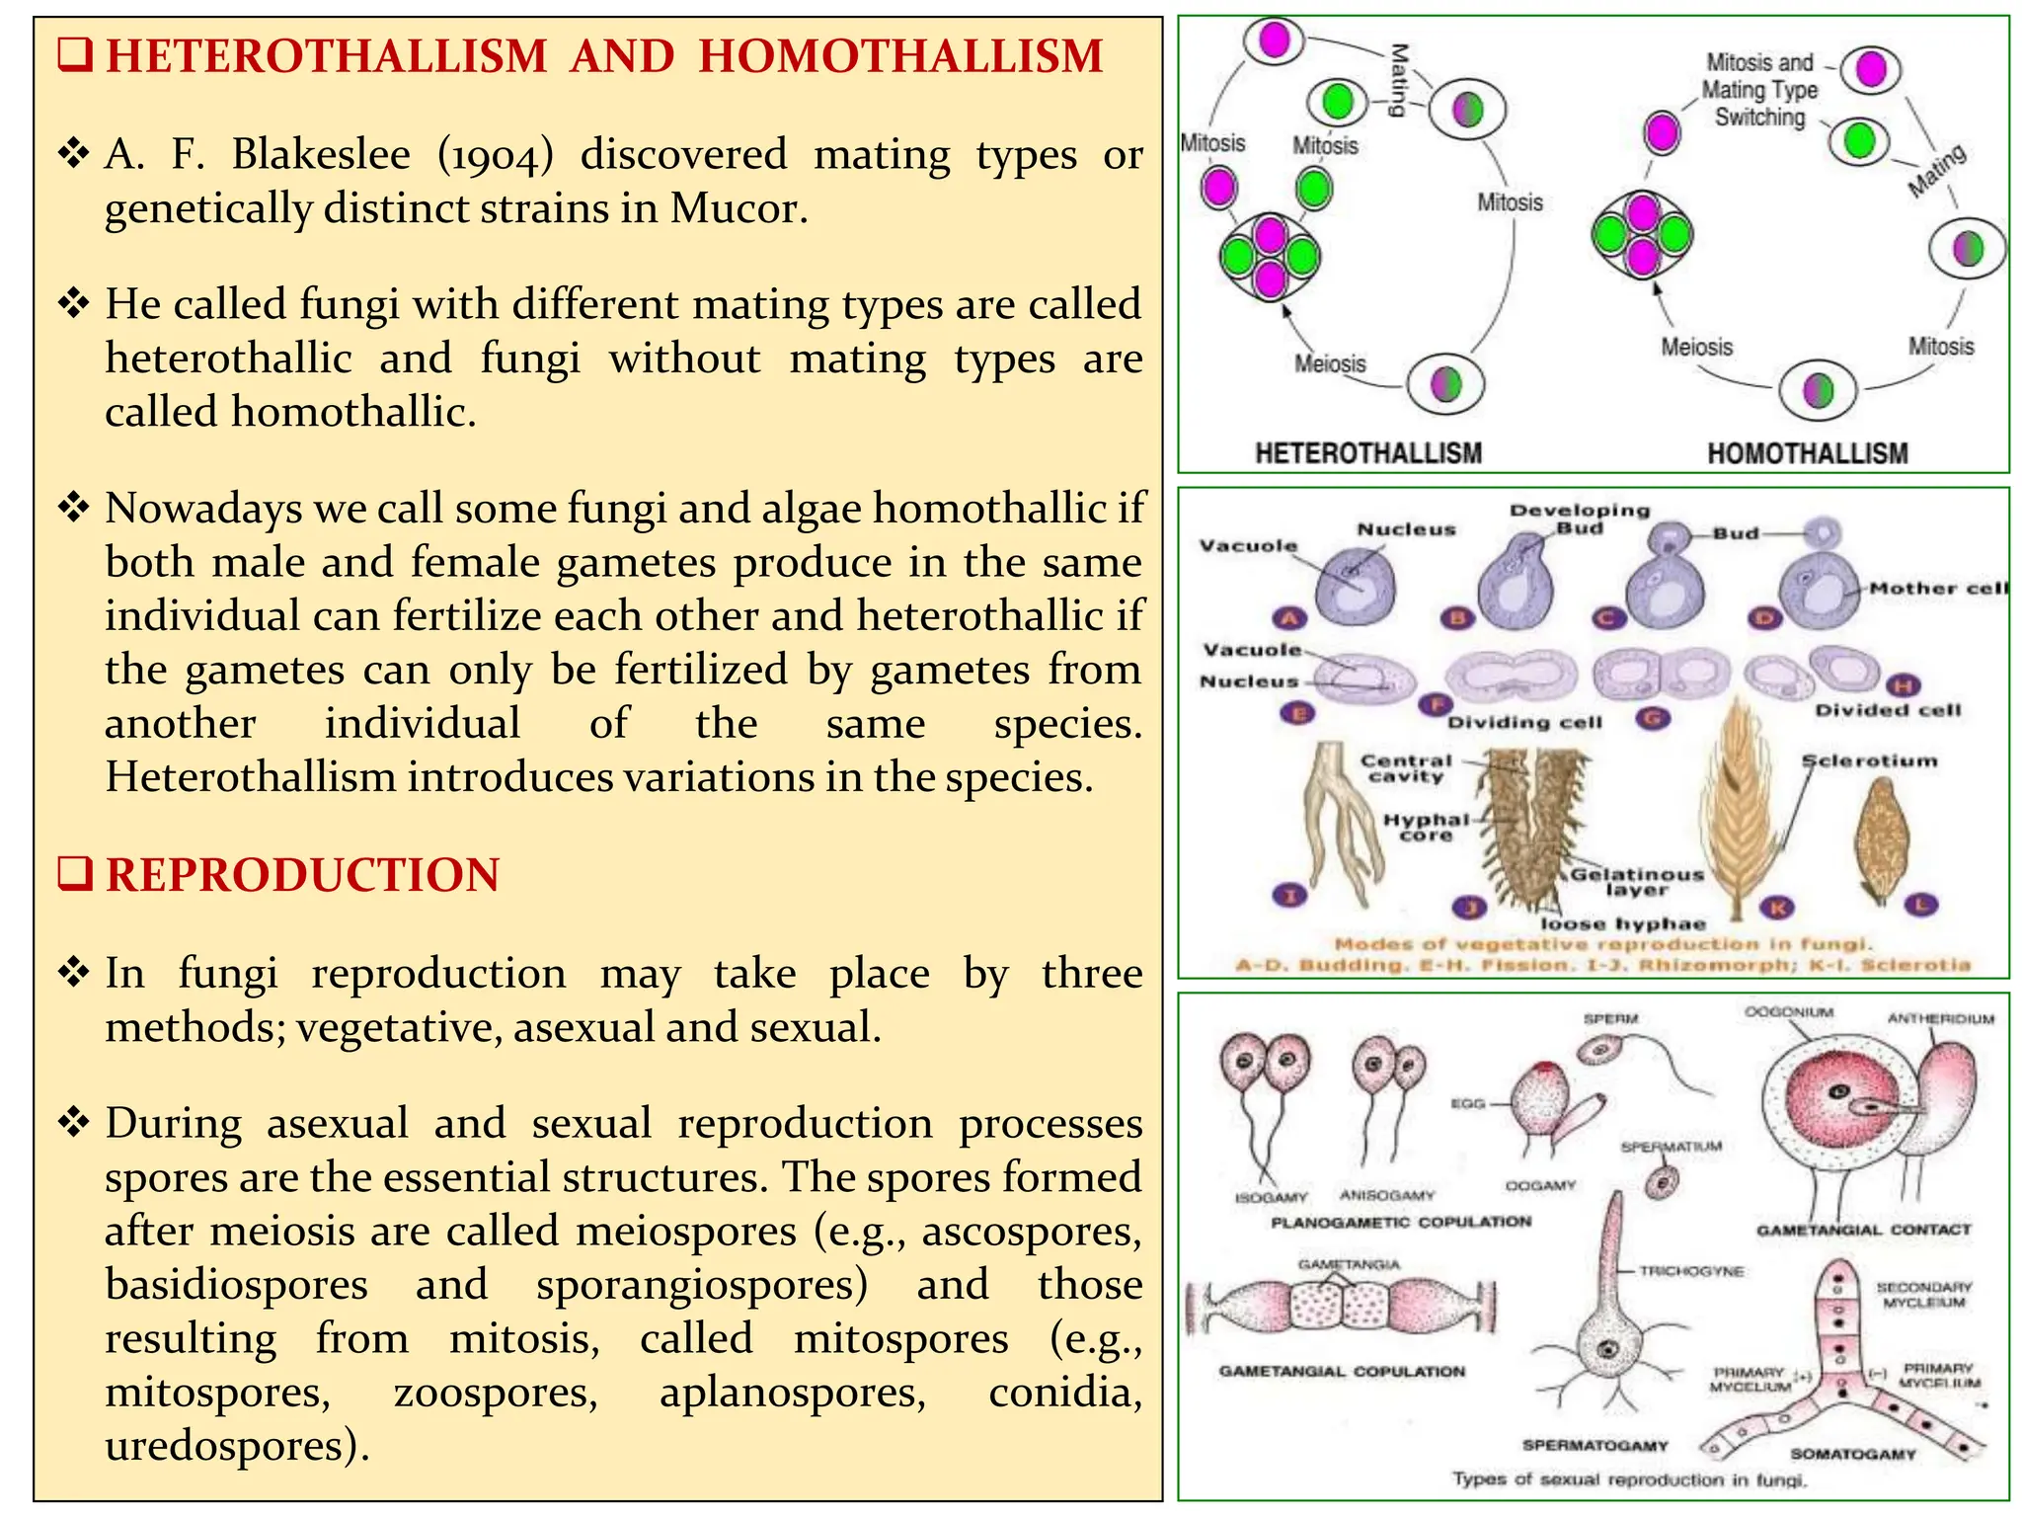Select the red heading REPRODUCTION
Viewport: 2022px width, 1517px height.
coord(302,875)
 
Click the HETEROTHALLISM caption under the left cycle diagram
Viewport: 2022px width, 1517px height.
coord(1368,453)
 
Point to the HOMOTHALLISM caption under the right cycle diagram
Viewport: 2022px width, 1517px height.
coord(1807,453)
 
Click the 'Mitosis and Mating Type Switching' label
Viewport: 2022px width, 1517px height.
coord(1759,90)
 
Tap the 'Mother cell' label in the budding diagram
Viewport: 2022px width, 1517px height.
coord(1938,589)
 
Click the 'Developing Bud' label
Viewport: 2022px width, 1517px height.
coord(1580,519)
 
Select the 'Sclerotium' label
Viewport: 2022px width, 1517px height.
coord(1870,760)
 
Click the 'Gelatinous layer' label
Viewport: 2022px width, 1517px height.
coord(1637,881)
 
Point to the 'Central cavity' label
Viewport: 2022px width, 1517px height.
coord(1406,767)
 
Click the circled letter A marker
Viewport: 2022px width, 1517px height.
coord(1289,618)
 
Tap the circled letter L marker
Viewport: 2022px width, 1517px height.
coord(1921,904)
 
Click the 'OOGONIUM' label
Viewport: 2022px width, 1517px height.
coord(1789,1012)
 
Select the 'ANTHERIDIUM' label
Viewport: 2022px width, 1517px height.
coord(1941,1018)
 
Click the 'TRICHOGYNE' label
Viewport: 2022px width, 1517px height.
coord(1691,1271)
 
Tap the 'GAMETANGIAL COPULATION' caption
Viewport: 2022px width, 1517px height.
coord(1342,1371)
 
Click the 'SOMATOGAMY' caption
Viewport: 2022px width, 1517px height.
coord(1853,1454)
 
